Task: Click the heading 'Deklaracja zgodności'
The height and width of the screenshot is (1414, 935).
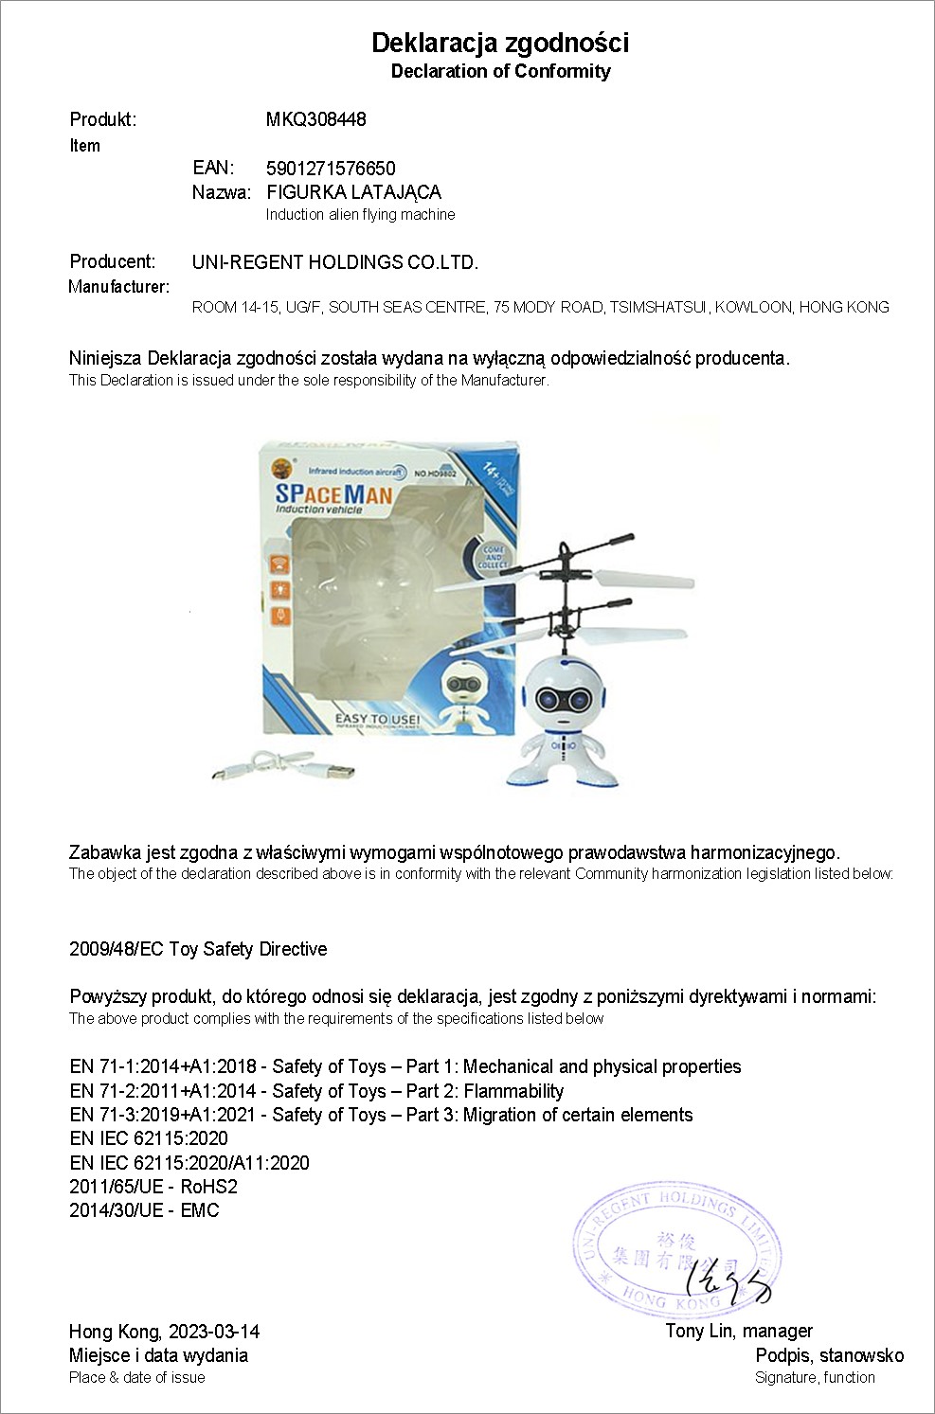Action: coord(499,43)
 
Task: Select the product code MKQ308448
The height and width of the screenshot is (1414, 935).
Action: coord(315,119)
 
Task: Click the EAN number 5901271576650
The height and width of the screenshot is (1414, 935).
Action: coord(331,169)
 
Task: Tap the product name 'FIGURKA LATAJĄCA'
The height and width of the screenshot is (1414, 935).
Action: coord(353,192)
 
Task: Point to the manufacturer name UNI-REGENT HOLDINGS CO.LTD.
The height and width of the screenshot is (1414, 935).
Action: coord(334,262)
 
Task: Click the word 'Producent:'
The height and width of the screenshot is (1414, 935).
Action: coord(112,261)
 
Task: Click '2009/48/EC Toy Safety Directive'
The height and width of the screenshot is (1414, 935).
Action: coord(198,949)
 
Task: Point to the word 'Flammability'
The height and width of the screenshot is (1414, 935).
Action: coord(513,1091)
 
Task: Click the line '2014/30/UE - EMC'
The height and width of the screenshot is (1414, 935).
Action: coord(144,1210)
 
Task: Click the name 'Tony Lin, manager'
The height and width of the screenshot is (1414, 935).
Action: coord(739,1331)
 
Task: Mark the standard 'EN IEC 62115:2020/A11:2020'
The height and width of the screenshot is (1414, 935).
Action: coord(189,1163)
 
